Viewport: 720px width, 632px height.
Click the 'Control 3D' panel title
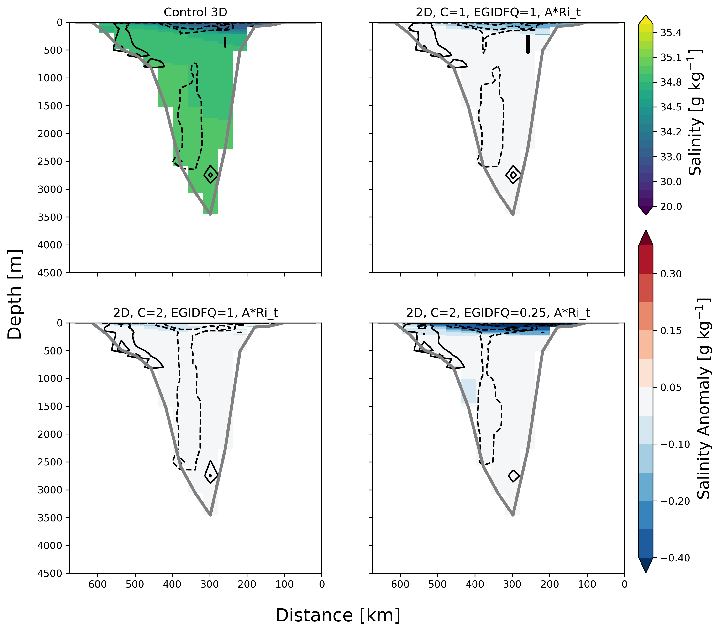[x=195, y=12]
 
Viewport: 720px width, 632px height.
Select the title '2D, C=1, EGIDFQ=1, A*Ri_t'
[x=498, y=12]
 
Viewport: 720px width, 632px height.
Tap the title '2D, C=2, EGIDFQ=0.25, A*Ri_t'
[x=498, y=313]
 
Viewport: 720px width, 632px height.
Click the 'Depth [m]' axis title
[x=15, y=294]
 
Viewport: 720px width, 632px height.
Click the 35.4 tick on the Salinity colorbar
[x=671, y=33]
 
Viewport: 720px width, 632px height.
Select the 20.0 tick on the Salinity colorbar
[x=671, y=206]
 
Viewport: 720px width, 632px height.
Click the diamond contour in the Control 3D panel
[x=211, y=174]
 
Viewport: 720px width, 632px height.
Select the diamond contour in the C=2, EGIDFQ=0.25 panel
[x=514, y=476]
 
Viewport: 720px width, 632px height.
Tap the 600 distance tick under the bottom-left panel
[x=98, y=585]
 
